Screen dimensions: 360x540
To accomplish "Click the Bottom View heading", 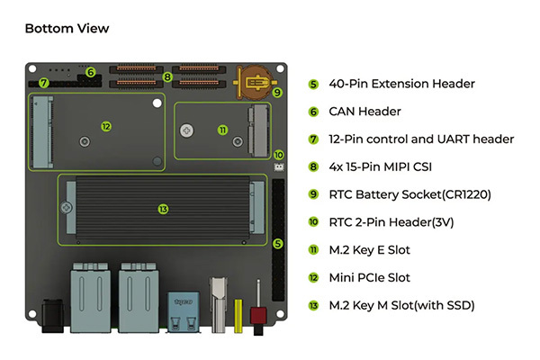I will tap(67, 28).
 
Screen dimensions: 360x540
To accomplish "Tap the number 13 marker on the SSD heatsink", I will tap(163, 209).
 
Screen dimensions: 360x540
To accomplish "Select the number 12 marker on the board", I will tap(106, 127).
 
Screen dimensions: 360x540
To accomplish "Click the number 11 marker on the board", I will tap(223, 130).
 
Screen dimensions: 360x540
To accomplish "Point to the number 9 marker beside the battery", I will tap(277, 92).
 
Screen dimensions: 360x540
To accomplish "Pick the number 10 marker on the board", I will tap(278, 155).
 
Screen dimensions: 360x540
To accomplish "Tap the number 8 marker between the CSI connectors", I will tap(167, 77).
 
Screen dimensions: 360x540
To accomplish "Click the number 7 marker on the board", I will tap(43, 82).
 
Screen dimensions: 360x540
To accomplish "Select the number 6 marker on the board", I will tap(90, 71).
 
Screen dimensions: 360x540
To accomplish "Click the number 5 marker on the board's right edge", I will tap(278, 243).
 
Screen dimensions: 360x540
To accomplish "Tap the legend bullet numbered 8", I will tap(313, 166).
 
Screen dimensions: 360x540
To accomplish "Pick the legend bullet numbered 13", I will tap(313, 305).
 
